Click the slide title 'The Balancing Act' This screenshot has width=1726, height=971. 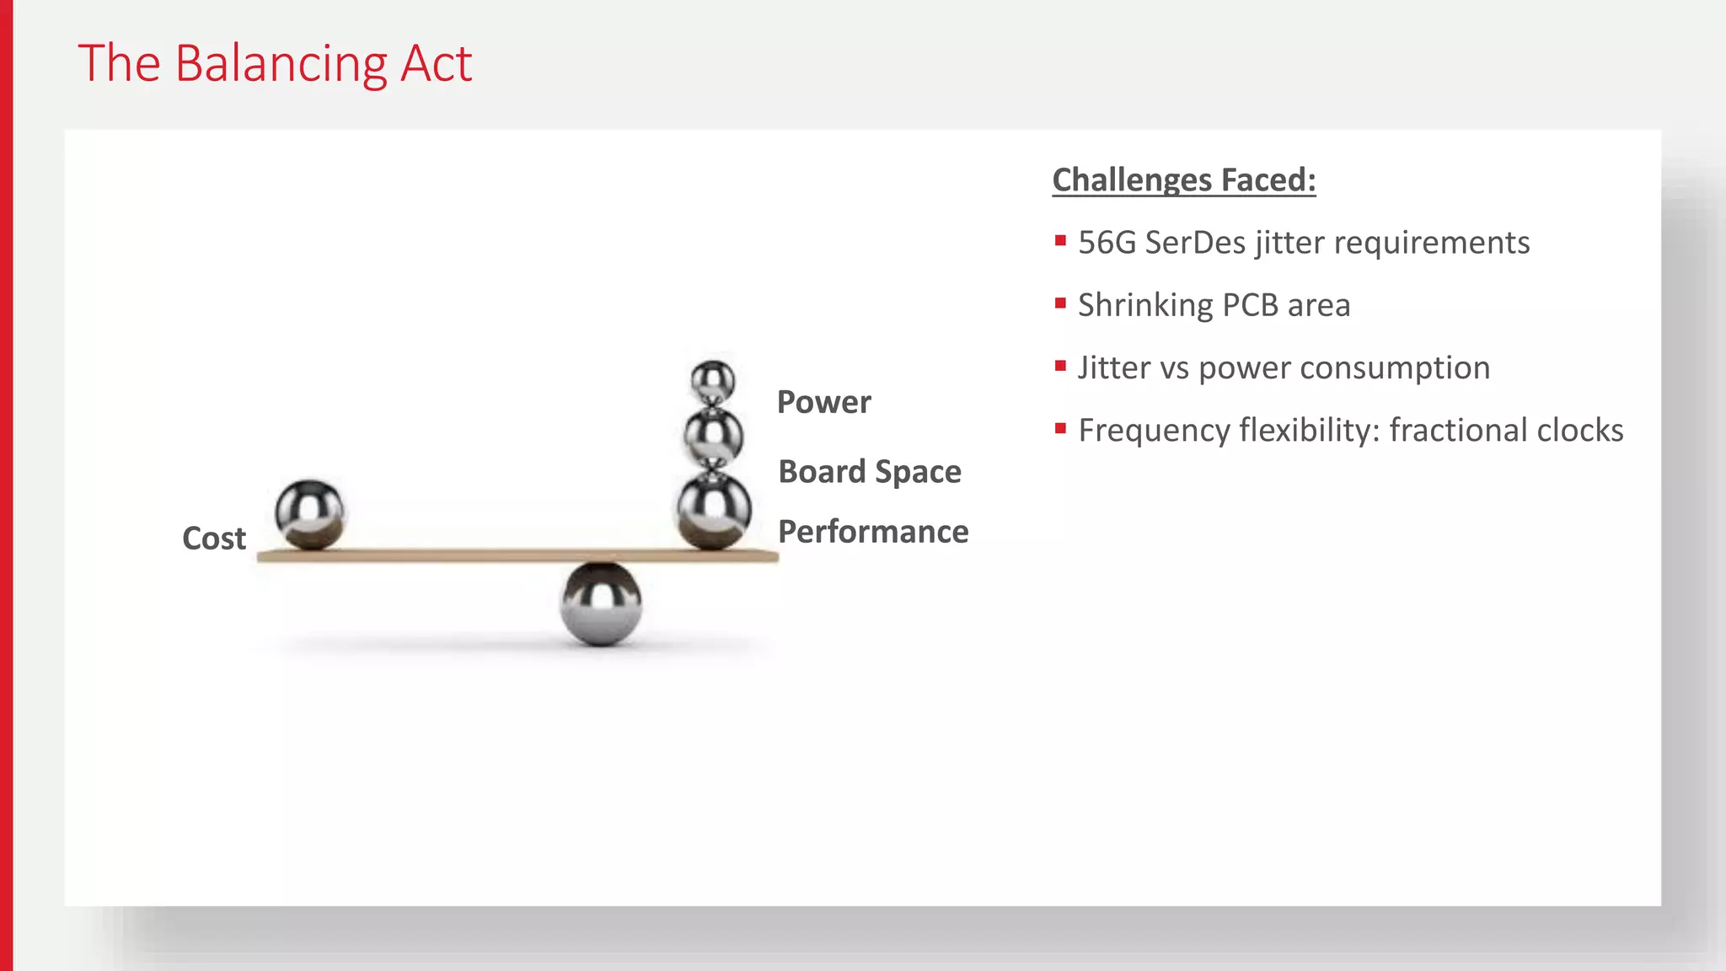[x=275, y=64]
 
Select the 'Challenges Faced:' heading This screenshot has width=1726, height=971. [x=1183, y=180]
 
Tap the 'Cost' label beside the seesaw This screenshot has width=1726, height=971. [x=214, y=539]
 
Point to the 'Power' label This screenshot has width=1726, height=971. [x=823, y=403]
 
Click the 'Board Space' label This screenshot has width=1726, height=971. [x=869, y=472]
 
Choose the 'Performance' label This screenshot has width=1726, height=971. [x=873, y=532]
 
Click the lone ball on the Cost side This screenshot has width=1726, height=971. [x=309, y=513]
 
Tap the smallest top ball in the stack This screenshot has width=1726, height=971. [x=713, y=382]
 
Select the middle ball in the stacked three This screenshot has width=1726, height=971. [x=713, y=437]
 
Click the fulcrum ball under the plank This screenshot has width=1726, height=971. [x=601, y=604]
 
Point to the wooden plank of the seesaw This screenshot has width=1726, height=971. [x=472, y=555]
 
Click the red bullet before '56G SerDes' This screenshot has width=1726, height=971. [x=1060, y=241]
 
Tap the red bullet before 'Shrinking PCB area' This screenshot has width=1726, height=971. [x=1060, y=303]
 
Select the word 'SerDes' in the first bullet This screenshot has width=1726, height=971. [x=1195, y=243]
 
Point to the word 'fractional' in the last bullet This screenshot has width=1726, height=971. [x=1446, y=431]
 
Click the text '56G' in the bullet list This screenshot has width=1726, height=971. [x=1107, y=243]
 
